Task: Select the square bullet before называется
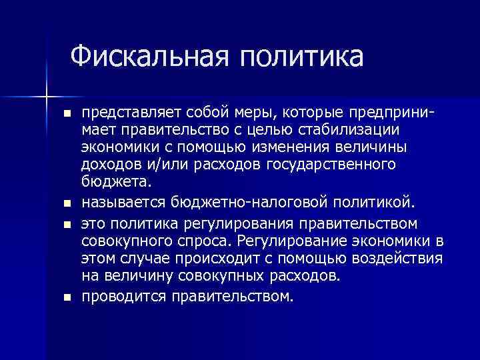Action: coord(65,202)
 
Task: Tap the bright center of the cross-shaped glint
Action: coord(46,97)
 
